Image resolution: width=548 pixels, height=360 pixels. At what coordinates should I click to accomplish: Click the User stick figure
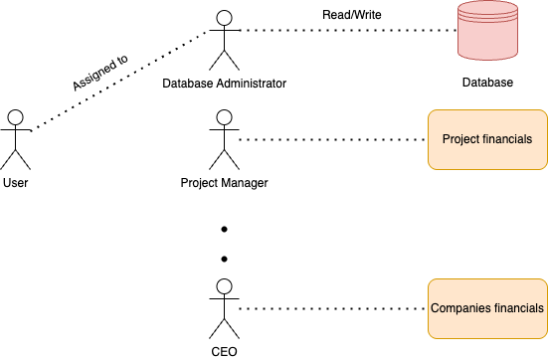click(15, 139)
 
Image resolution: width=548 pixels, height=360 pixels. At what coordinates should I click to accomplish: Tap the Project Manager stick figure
click(224, 140)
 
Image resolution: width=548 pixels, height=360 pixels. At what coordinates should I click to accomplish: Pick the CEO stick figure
click(224, 308)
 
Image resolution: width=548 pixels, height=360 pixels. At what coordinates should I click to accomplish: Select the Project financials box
click(487, 139)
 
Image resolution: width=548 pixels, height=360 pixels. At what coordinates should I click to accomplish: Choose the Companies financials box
click(487, 308)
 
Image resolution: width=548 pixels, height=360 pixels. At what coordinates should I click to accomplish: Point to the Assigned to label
click(99, 73)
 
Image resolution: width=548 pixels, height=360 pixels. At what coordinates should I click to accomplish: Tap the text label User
click(15, 183)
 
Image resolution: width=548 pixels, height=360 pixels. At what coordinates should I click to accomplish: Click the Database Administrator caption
click(224, 83)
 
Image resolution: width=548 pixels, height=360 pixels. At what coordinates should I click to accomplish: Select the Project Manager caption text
click(224, 183)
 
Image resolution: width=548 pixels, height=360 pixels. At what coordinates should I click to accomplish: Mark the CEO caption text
click(224, 351)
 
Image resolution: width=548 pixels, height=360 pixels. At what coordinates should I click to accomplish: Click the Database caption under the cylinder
click(487, 83)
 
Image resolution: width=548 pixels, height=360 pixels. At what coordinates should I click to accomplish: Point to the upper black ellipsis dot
click(224, 230)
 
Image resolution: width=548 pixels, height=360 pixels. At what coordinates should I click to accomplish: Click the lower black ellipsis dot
click(224, 260)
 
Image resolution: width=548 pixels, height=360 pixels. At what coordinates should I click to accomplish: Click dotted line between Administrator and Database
click(348, 30)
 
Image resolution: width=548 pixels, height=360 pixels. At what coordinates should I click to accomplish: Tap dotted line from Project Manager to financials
click(333, 139)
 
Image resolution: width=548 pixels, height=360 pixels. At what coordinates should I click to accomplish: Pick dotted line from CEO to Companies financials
click(333, 308)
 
